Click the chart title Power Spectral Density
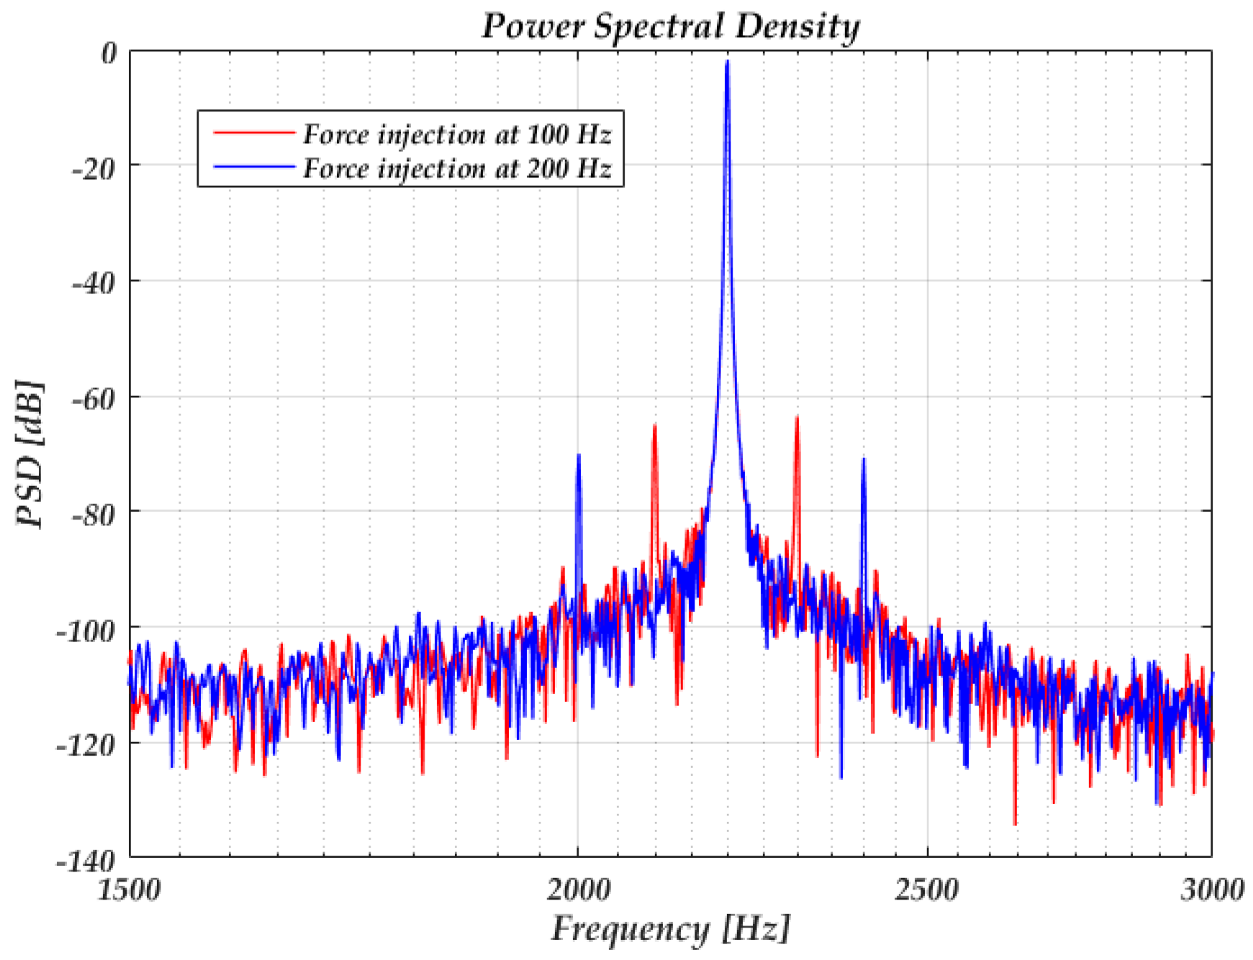click(670, 26)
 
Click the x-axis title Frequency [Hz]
click(670, 928)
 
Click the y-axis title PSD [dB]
click(30, 454)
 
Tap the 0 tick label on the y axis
click(108, 53)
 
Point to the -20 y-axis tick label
click(94, 170)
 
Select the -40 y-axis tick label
click(94, 284)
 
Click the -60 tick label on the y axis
click(94, 399)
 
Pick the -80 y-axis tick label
click(94, 515)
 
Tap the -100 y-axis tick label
click(86, 631)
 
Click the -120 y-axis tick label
click(86, 746)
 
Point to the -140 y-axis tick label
click(86, 861)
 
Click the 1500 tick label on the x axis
click(130, 890)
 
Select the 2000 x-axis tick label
click(578, 890)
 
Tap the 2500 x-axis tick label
click(926, 890)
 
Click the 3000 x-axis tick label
click(1212, 890)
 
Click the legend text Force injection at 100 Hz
click(456, 134)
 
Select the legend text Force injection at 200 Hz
click(456, 168)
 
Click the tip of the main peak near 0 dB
click(728, 62)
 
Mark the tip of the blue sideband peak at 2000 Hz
click(578, 456)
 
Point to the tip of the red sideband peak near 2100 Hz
click(654, 426)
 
